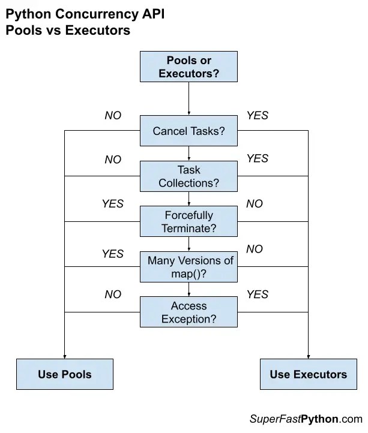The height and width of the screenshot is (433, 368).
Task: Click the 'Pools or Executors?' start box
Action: (189, 67)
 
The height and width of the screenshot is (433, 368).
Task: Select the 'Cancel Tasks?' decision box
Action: (189, 131)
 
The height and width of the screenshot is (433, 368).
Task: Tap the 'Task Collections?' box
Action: (189, 176)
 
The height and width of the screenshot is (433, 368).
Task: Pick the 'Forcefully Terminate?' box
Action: (189, 221)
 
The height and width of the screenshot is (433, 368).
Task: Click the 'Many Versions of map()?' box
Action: (189, 267)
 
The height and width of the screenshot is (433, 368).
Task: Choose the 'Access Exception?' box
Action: (189, 312)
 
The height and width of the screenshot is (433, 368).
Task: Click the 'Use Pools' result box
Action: (64, 374)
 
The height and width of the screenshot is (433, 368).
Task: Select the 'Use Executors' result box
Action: (308, 374)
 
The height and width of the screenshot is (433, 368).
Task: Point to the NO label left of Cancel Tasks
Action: (113, 116)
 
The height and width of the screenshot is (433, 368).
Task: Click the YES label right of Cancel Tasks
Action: (258, 116)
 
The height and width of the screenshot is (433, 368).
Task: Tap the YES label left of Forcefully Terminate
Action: (113, 204)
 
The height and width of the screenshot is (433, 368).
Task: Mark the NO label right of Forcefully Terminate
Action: (255, 204)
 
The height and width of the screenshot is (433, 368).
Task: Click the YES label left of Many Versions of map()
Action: (113, 254)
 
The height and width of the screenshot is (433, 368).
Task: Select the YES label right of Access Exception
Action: (258, 294)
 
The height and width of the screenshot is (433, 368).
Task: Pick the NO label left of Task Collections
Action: (113, 160)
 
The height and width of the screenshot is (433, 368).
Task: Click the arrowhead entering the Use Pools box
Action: (64, 356)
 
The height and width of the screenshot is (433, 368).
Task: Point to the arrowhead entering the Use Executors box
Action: (308, 356)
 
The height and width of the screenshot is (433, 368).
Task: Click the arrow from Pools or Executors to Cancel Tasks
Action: (189, 99)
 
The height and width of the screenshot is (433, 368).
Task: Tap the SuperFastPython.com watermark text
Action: (306, 419)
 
